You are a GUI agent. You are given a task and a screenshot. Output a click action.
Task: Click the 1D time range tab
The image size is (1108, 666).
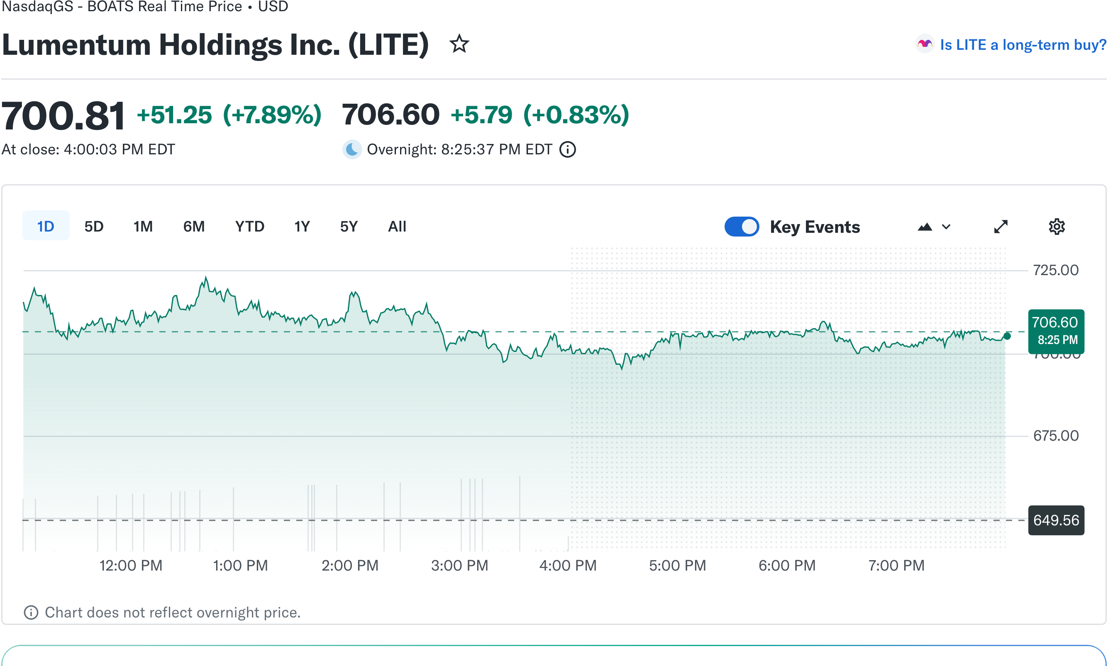point(45,226)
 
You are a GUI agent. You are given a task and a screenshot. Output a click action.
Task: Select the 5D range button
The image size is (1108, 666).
point(94,226)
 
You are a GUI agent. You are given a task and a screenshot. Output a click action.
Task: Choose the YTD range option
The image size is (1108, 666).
point(249,226)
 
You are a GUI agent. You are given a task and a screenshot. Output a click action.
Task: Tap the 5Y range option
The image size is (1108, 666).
point(348,226)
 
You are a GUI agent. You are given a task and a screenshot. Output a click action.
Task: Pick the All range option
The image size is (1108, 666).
point(397,226)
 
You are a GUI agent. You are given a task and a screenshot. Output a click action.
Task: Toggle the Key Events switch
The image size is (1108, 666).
point(741,226)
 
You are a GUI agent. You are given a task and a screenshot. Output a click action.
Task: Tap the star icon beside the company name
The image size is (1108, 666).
point(459,44)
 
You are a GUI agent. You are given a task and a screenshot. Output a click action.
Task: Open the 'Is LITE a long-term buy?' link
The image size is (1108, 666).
point(1022,44)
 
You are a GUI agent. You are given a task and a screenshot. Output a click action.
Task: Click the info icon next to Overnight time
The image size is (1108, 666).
point(567,149)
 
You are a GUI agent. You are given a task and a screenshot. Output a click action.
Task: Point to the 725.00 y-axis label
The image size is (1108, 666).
point(1055,270)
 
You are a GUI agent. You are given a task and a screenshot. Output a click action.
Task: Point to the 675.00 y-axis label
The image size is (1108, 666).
point(1055,435)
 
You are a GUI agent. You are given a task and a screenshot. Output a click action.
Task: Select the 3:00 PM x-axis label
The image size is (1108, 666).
point(459,565)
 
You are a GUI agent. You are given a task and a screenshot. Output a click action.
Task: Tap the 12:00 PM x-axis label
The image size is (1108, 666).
point(131,565)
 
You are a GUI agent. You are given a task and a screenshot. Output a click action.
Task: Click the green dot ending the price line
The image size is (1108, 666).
point(1007,336)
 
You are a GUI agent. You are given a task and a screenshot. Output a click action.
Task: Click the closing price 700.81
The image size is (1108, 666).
point(63,116)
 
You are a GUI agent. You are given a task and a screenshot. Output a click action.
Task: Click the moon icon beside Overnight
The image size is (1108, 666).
point(352,149)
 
